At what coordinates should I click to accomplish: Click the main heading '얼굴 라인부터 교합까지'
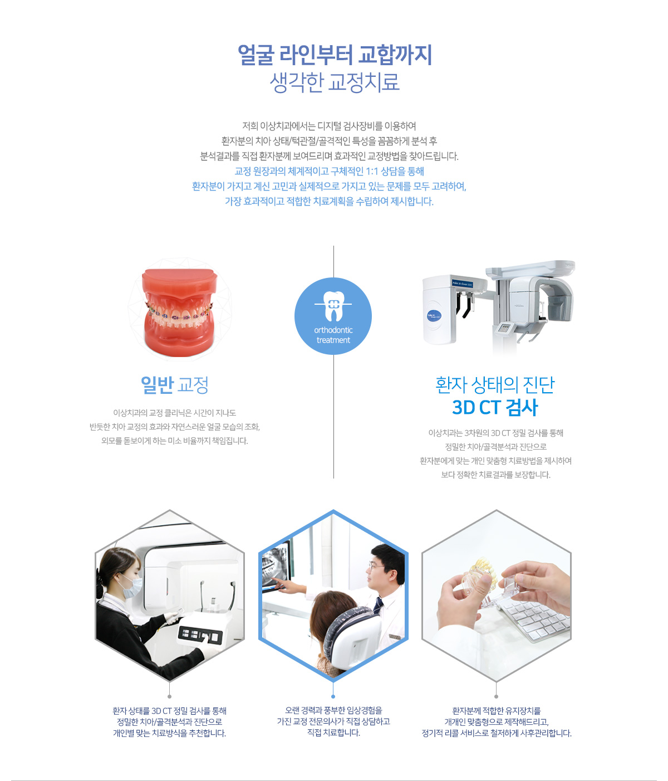click(334, 55)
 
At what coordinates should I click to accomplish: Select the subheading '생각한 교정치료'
click(334, 82)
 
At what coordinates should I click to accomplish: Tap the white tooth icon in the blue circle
click(333, 305)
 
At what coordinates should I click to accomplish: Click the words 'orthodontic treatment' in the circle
click(333, 335)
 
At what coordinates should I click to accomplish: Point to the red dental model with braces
click(179, 312)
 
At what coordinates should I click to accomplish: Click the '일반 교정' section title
click(174, 385)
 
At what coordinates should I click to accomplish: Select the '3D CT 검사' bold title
click(495, 407)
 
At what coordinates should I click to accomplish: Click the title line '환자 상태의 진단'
click(495, 384)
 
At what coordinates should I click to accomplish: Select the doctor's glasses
click(376, 567)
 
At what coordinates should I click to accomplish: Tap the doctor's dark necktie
click(378, 606)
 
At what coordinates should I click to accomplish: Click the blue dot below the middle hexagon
click(333, 696)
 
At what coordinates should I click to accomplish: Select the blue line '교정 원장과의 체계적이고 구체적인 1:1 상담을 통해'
click(329, 172)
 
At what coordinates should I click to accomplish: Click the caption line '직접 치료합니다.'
click(333, 733)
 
